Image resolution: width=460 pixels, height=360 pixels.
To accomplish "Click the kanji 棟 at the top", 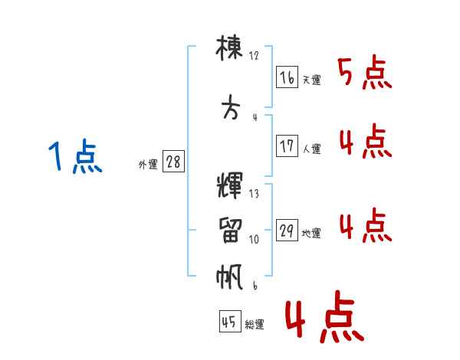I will click(231, 50).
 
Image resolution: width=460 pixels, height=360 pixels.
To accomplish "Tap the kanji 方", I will click(230, 109).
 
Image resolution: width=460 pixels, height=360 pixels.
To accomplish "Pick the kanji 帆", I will click(230, 276).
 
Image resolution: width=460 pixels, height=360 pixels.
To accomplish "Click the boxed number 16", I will click(287, 77).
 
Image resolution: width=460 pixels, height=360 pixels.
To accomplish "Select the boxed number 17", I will click(287, 146).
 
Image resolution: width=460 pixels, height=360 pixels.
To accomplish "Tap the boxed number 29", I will click(287, 231).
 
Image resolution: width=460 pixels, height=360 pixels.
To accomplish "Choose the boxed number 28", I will click(173, 162).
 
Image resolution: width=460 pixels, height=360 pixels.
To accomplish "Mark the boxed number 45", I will click(229, 322).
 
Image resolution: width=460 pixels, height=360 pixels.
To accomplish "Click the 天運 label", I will click(311, 80).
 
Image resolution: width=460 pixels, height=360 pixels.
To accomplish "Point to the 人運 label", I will click(311, 149).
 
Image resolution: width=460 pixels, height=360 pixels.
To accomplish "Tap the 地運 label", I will click(311, 234).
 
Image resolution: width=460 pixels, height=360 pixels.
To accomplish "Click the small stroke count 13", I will click(255, 194).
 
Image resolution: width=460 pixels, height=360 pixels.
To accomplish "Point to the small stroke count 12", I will click(255, 56).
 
